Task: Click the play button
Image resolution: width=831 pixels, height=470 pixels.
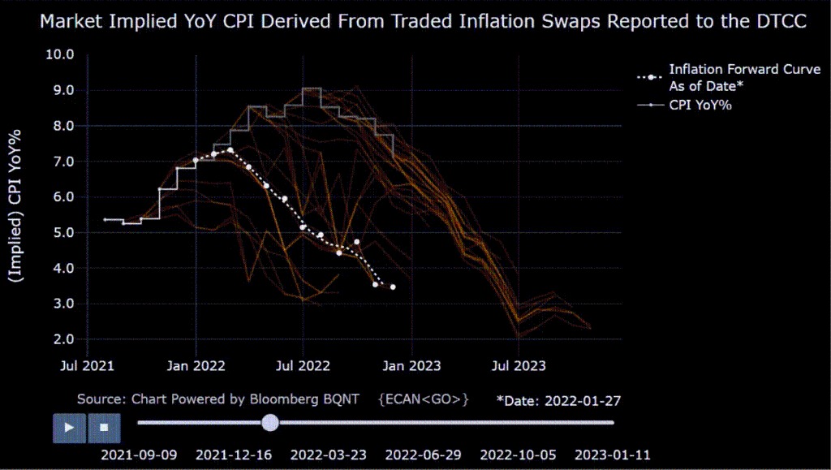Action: [x=70, y=426]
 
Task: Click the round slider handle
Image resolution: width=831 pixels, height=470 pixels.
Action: [x=271, y=422]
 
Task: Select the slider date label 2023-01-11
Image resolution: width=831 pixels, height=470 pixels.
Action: [x=612, y=455]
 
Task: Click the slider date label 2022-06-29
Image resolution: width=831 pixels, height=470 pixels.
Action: [x=423, y=455]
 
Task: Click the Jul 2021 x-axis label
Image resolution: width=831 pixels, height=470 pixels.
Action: [x=87, y=366]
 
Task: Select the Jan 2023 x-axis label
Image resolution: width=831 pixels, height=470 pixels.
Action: [x=411, y=366]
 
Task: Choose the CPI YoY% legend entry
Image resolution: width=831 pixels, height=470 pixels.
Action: [x=700, y=105]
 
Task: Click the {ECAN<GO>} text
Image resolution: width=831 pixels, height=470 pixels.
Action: [x=424, y=399]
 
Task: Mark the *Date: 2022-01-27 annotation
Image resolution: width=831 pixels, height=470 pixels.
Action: [x=559, y=400]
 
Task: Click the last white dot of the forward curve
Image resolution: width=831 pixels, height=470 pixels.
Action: [x=393, y=287]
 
